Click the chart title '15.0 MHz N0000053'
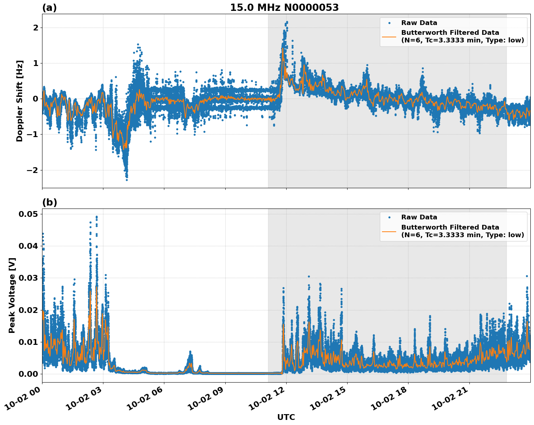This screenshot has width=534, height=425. tap(284, 8)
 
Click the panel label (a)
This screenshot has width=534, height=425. tap(49, 8)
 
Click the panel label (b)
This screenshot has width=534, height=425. tap(49, 202)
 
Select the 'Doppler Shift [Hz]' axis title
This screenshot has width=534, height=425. tap(20, 101)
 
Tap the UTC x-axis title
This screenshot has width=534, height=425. tap(286, 417)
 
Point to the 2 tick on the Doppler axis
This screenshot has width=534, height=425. tap(36, 28)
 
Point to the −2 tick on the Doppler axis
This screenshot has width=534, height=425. tap(33, 170)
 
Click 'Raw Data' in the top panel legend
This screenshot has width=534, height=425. tap(419, 23)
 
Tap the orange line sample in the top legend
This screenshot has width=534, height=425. tap(389, 37)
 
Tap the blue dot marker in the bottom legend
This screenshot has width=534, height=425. tap(389, 218)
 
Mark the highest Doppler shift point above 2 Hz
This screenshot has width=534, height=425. tap(287, 22)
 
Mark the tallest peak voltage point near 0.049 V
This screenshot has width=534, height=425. tap(96, 217)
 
